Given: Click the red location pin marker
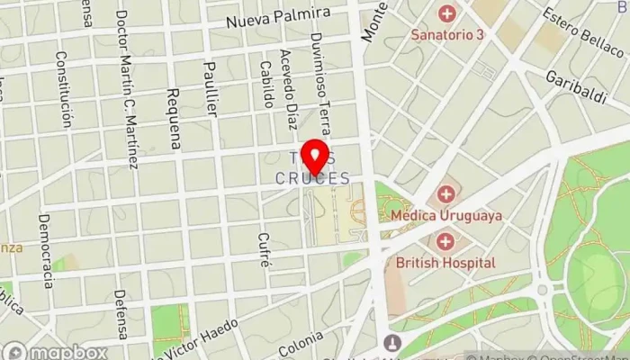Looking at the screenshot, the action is [315, 157].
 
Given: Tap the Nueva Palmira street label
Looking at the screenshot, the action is [278, 20].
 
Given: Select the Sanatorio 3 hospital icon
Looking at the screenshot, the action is [446, 13].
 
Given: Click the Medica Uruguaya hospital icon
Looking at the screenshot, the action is [446, 194].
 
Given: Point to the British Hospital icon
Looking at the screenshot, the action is [446, 241].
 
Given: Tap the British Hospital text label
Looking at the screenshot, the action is [446, 263].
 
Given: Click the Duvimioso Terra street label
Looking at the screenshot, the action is [319, 81].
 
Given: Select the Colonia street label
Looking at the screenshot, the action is [306, 343].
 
